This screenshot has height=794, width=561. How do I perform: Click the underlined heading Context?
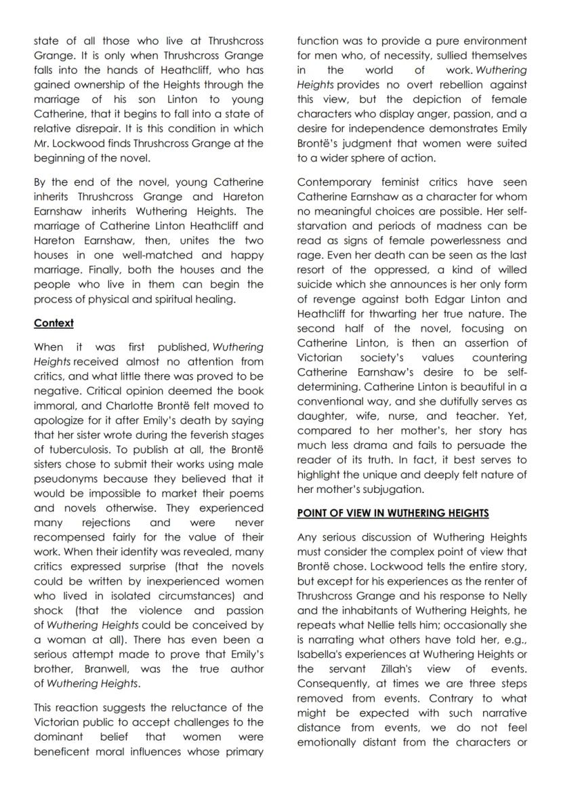coord(54,323)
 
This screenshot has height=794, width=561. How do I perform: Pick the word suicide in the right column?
coord(317,285)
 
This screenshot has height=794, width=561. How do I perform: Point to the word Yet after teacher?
coord(518,416)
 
